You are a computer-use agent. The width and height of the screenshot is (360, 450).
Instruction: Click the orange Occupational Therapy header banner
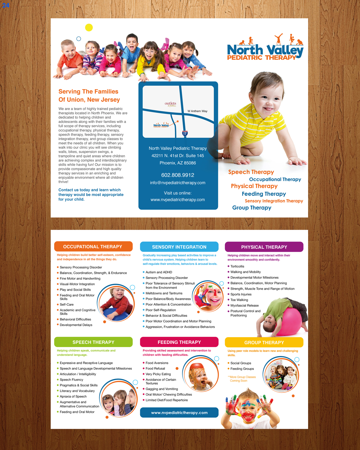coord(93,247)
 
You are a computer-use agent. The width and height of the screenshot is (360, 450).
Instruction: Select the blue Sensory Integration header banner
coord(179,247)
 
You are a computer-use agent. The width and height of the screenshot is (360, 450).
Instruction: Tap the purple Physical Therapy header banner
coord(264,247)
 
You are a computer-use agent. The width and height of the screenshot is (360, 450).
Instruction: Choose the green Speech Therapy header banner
coord(93,342)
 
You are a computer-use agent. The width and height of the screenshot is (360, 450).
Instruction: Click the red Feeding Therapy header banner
coord(179,342)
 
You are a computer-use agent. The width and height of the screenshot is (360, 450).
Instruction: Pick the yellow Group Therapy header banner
coord(264,342)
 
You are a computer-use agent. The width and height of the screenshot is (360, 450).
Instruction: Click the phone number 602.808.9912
coord(178,175)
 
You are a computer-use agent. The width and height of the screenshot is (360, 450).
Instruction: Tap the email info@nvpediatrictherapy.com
coord(178,183)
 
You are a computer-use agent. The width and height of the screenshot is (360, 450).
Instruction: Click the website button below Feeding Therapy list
coord(179,412)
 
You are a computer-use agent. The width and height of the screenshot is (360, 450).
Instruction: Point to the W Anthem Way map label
coord(197,111)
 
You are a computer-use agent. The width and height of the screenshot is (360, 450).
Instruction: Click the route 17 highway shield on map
coord(185,133)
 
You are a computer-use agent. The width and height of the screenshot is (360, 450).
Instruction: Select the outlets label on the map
coord(170,103)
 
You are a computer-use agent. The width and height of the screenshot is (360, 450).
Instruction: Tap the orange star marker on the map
coord(178,121)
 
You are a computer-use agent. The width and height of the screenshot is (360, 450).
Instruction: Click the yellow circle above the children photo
coord(89,28)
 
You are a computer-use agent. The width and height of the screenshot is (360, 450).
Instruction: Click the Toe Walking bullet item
coord(239,300)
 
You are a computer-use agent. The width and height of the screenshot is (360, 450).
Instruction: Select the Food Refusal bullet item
coord(155,368)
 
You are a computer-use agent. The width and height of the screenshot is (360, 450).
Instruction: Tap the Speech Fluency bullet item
coord(71,379)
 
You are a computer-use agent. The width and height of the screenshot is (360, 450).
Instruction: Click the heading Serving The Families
coord(88,91)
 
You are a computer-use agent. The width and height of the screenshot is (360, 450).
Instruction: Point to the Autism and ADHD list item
coord(159,272)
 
